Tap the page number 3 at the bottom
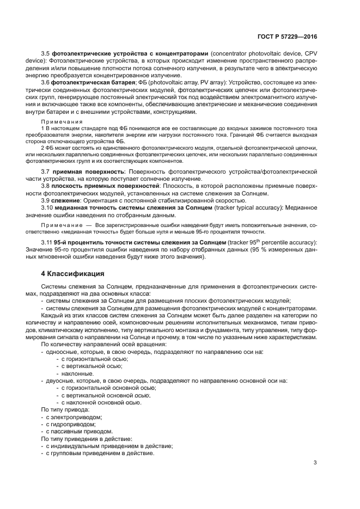point(315,462)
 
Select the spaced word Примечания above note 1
point(62,121)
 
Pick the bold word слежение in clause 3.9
point(65,200)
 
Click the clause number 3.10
point(47,207)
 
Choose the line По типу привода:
point(64,409)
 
